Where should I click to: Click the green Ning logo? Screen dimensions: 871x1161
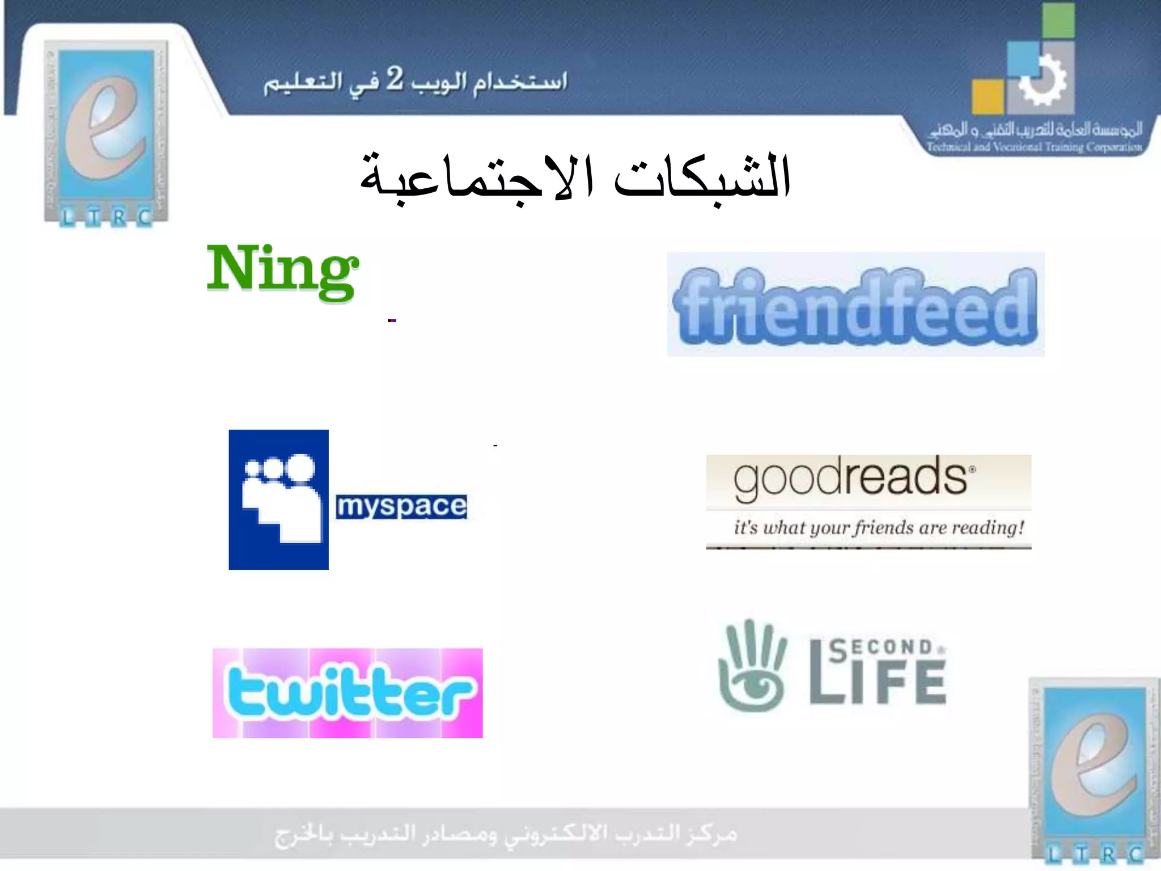tap(282, 270)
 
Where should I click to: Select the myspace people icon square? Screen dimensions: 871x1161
tap(278, 500)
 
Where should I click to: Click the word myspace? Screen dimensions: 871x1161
tap(401, 506)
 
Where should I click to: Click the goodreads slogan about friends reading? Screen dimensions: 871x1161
tap(879, 528)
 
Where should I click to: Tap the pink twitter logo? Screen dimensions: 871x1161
tap(348, 693)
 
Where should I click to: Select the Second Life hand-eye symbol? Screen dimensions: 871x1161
tap(752, 666)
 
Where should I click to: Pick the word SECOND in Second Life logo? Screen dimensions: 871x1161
tap(882, 648)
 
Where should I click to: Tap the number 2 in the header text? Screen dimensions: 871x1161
tap(395, 79)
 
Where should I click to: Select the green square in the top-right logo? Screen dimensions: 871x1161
tap(1058, 21)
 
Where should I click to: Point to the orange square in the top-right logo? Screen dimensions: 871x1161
tap(988, 96)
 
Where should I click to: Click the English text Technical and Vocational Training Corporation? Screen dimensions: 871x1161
tap(1034, 147)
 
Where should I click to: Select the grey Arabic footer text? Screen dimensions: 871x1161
tap(506, 835)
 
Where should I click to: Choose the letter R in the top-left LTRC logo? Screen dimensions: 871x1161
tap(119, 217)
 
